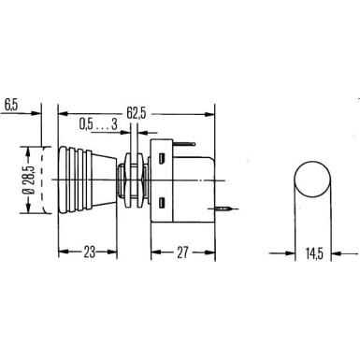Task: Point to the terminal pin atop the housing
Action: tap(186, 137)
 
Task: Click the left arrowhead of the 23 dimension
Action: tap(63, 251)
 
